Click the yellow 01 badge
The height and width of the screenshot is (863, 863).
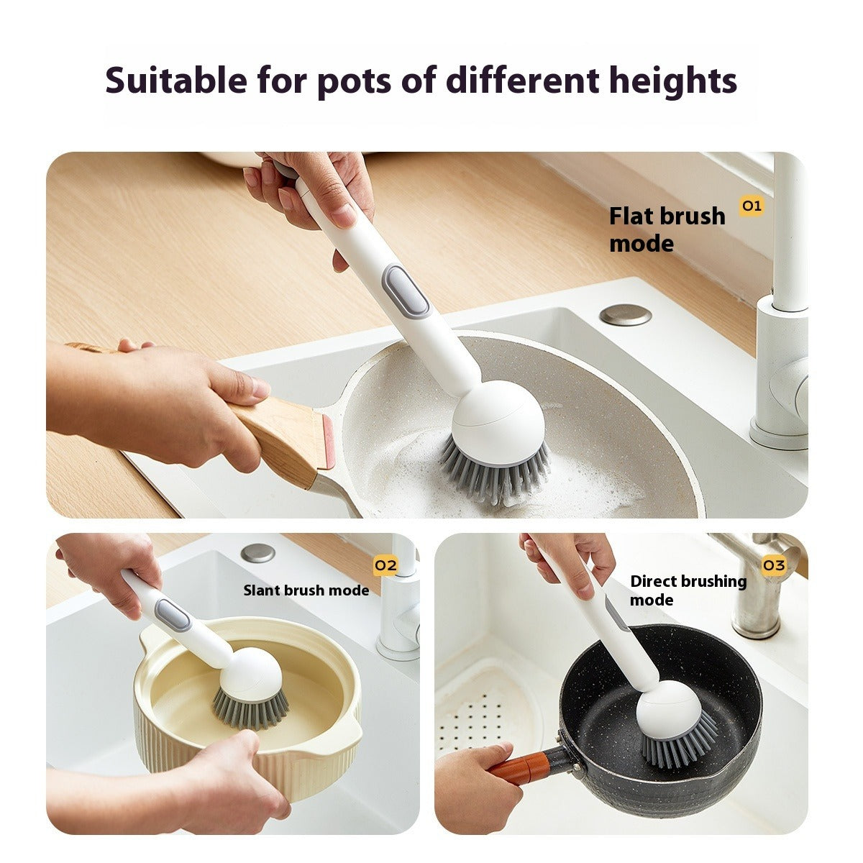coord(752,206)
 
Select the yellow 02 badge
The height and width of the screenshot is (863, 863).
coord(386,565)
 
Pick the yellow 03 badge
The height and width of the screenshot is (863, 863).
coord(774,565)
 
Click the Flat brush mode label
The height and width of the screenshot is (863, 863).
coord(667,229)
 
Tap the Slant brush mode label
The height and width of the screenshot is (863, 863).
coord(306,590)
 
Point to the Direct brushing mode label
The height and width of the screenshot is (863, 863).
coord(688,590)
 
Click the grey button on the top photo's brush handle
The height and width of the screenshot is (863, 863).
coord(396,291)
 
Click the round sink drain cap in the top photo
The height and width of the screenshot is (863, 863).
coord(625,314)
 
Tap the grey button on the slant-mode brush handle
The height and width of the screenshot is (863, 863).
coord(173,616)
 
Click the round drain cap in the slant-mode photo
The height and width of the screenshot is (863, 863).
coord(258,553)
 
